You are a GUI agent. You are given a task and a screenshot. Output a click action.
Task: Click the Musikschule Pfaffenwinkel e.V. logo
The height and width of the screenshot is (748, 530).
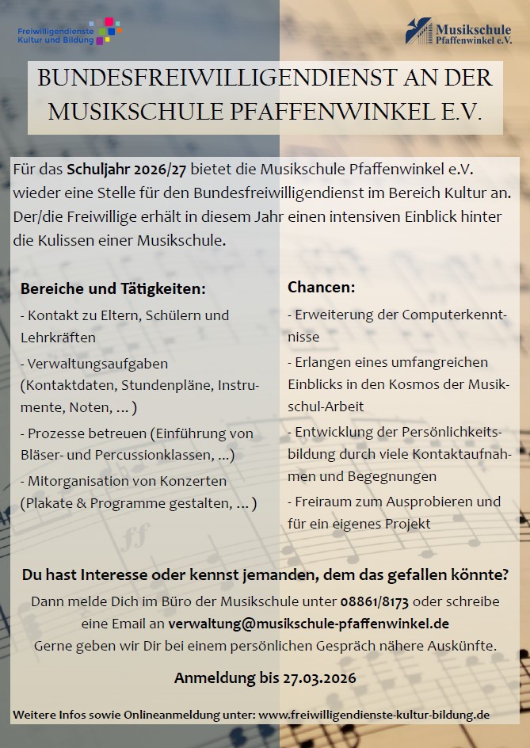tap(463, 32)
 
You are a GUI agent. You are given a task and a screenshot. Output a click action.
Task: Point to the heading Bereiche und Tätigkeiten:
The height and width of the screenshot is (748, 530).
tap(112, 288)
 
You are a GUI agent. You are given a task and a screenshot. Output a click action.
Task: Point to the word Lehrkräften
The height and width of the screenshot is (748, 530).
tap(58, 338)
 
